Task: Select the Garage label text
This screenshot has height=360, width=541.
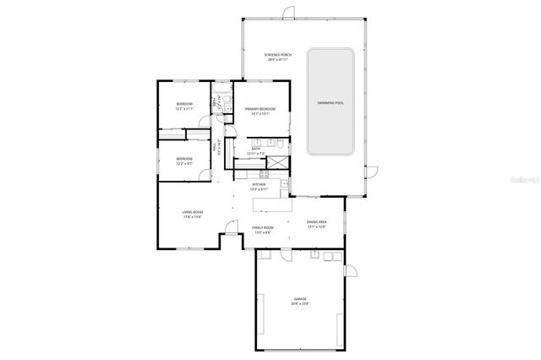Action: (300, 300)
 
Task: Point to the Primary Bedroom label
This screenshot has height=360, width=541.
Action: (260, 111)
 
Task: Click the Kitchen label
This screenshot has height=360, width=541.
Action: (260, 186)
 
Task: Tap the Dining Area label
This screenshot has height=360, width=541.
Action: (317, 223)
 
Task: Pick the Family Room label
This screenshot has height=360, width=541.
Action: (263, 229)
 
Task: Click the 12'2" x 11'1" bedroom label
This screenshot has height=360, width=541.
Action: (184, 106)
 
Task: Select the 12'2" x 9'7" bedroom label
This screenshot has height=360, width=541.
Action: (184, 161)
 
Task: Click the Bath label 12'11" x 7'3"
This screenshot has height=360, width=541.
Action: (255, 151)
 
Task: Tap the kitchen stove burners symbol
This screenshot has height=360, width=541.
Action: (286, 184)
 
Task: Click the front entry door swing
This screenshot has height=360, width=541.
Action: (228, 227)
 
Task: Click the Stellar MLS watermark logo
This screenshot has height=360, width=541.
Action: (523, 180)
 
